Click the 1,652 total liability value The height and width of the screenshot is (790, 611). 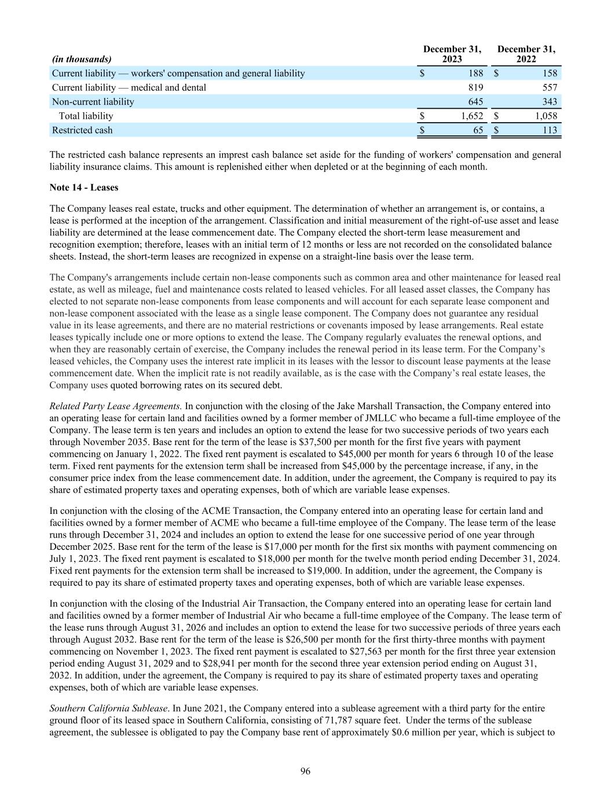471,116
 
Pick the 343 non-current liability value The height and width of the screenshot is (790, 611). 549,102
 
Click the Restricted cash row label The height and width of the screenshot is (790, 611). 82,130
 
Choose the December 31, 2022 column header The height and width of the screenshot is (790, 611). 526,54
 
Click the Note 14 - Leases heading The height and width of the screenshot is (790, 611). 84,188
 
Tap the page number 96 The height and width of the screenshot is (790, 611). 306,770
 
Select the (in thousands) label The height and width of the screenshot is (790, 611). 82,59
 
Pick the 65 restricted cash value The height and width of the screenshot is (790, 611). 478,130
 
